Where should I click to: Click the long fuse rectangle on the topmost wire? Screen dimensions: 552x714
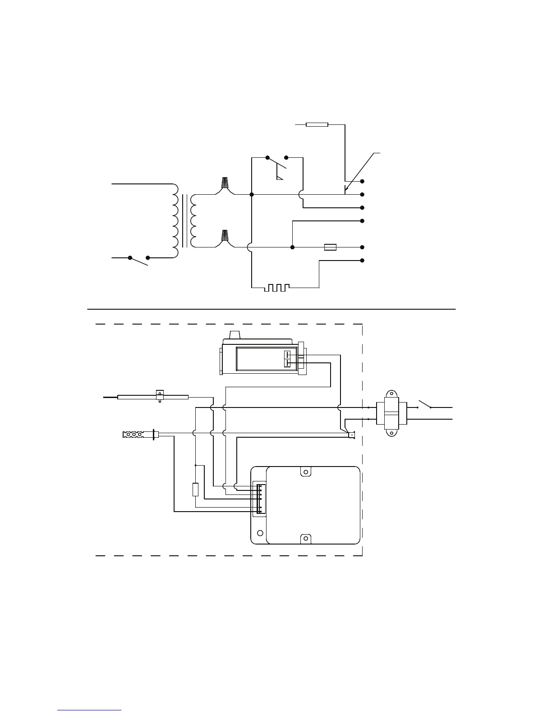(317, 124)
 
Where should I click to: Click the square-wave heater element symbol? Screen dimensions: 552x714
(276, 287)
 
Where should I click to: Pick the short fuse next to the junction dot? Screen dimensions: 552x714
(331, 247)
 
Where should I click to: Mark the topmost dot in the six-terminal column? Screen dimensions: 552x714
(362, 181)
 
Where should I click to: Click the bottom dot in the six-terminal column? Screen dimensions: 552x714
(362, 261)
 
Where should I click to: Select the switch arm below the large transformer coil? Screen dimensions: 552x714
(139, 261)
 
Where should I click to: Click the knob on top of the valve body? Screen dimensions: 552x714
(234, 335)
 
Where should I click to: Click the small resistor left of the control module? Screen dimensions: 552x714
(195, 490)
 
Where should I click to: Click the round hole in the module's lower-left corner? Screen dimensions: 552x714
(259, 533)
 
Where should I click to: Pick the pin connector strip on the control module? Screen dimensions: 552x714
(260, 498)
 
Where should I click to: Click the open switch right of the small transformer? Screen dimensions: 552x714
(424, 404)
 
